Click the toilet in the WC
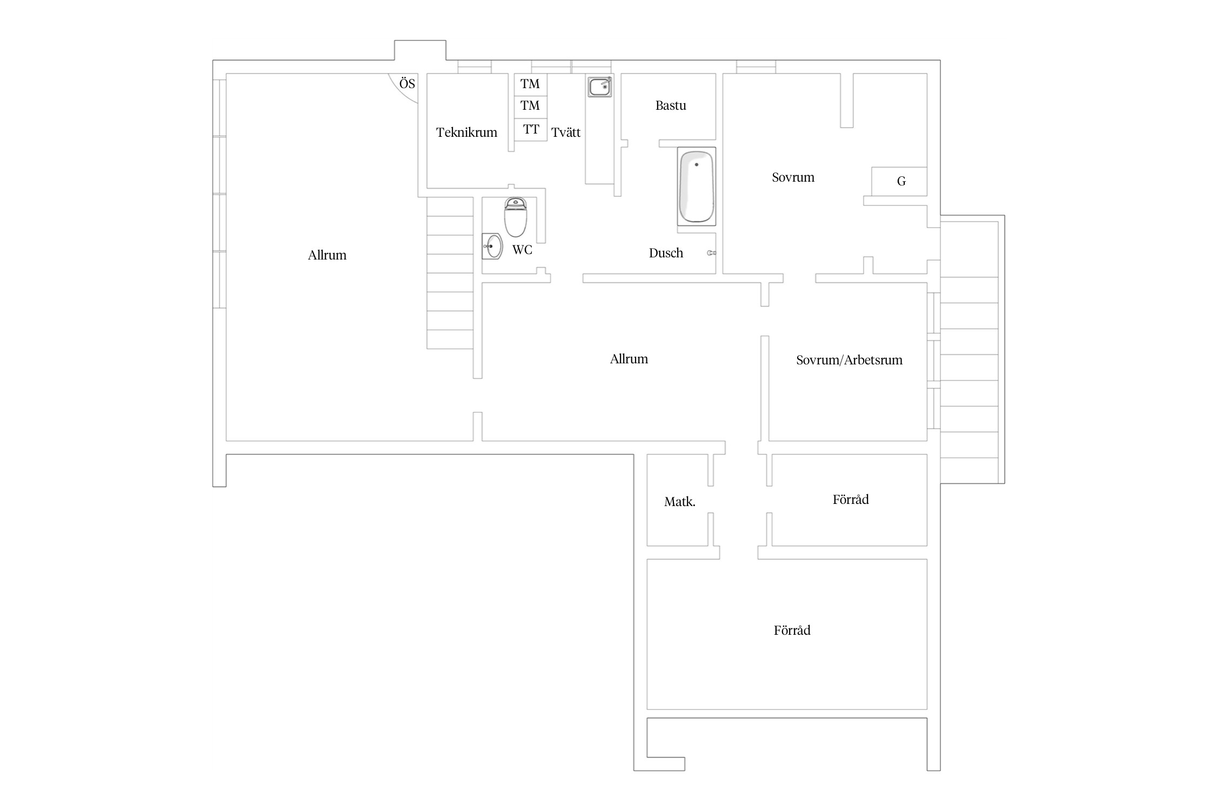[x=516, y=217]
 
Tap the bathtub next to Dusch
[x=697, y=187]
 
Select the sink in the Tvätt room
[x=600, y=87]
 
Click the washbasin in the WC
[x=492, y=247]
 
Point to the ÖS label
[x=407, y=84]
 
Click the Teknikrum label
[x=466, y=132]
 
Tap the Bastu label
[x=671, y=105]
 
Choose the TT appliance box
[x=531, y=130]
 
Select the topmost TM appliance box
[x=531, y=84]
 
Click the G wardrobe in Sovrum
[x=899, y=182]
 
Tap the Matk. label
[x=680, y=502]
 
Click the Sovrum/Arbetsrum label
[x=849, y=360]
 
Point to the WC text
[x=522, y=250]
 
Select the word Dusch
[x=666, y=253]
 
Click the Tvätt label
[x=566, y=132]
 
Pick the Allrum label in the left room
[x=327, y=255]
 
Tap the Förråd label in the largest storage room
[x=792, y=630]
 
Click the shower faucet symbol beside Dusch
[x=712, y=253]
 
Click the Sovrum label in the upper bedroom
[x=793, y=177]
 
